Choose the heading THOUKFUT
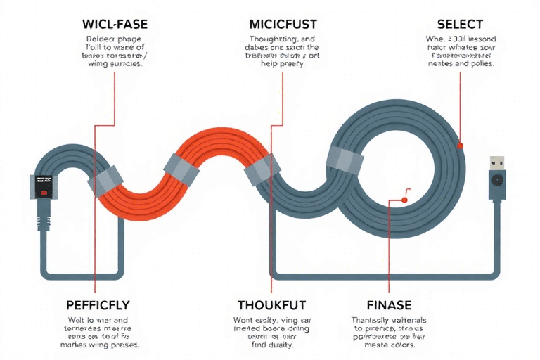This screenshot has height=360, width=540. (272, 306)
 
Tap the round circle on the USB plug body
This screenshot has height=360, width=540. (497, 180)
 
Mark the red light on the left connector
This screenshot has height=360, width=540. (43, 192)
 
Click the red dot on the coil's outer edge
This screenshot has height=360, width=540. (460, 146)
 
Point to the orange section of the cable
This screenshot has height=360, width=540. (204, 169)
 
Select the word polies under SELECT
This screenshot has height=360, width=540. (480, 63)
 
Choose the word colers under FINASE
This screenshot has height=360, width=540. (405, 345)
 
